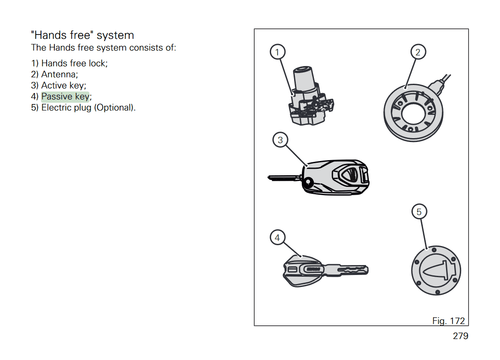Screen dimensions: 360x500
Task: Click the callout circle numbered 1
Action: (277, 52)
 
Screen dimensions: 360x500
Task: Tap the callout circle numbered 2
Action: (418, 52)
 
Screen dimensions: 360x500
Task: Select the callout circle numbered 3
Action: (280, 140)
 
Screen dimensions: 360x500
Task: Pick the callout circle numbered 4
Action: (277, 237)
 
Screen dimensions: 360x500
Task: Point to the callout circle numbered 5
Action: (419, 212)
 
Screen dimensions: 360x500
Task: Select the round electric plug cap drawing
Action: (436, 271)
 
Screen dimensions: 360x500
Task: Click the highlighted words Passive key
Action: (65, 96)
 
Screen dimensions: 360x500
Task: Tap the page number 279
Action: (460, 336)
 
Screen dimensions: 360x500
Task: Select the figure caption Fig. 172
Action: (449, 321)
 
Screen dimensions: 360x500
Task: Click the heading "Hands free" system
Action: (82, 35)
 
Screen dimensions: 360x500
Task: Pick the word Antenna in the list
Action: (59, 74)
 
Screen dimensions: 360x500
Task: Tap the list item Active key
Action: (63, 85)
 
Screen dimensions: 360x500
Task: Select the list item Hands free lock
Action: (74, 63)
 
